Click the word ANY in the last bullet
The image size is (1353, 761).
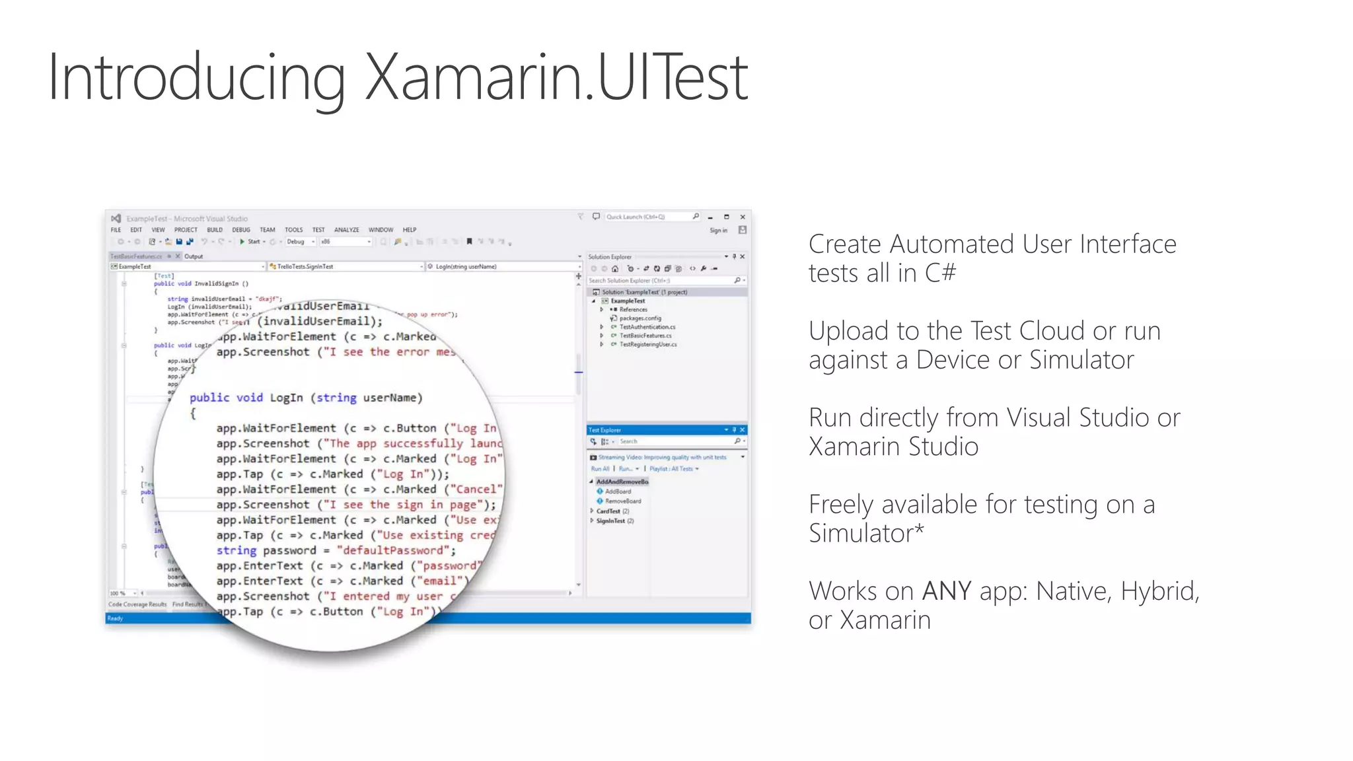[x=946, y=591]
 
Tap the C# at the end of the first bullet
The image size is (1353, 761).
[x=940, y=273]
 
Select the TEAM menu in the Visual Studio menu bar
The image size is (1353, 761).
[x=267, y=230]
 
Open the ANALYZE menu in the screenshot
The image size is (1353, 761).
[x=346, y=230]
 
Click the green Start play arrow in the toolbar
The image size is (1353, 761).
[x=242, y=242]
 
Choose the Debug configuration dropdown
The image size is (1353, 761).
[x=299, y=242]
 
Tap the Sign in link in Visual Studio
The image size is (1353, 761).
[x=718, y=231]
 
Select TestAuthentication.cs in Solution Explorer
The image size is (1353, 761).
[x=647, y=327]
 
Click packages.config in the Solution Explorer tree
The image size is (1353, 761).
[x=640, y=318]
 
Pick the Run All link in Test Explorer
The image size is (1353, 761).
[x=600, y=469]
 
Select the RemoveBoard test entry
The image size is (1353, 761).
[x=622, y=501]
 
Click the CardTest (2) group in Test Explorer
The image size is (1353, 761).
[x=612, y=511]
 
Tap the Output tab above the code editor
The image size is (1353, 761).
[x=194, y=256]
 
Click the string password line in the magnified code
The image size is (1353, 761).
[x=336, y=550]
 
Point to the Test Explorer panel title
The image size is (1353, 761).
[x=605, y=430]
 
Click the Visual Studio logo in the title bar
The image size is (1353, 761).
[x=116, y=218]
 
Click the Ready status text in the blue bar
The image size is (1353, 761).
[x=115, y=618]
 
